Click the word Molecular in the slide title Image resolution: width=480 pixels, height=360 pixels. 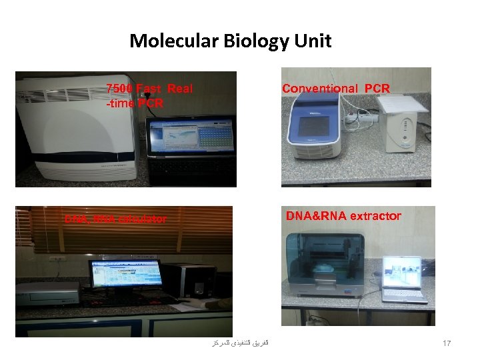170,41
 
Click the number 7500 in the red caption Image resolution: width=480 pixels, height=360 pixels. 120,89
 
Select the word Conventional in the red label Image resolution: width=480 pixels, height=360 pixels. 319,89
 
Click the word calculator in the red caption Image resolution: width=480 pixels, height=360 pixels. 143,219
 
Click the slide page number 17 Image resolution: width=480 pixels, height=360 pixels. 447,343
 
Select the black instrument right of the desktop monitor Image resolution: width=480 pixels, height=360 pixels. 190,281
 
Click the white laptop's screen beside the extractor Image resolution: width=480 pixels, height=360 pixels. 402,271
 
